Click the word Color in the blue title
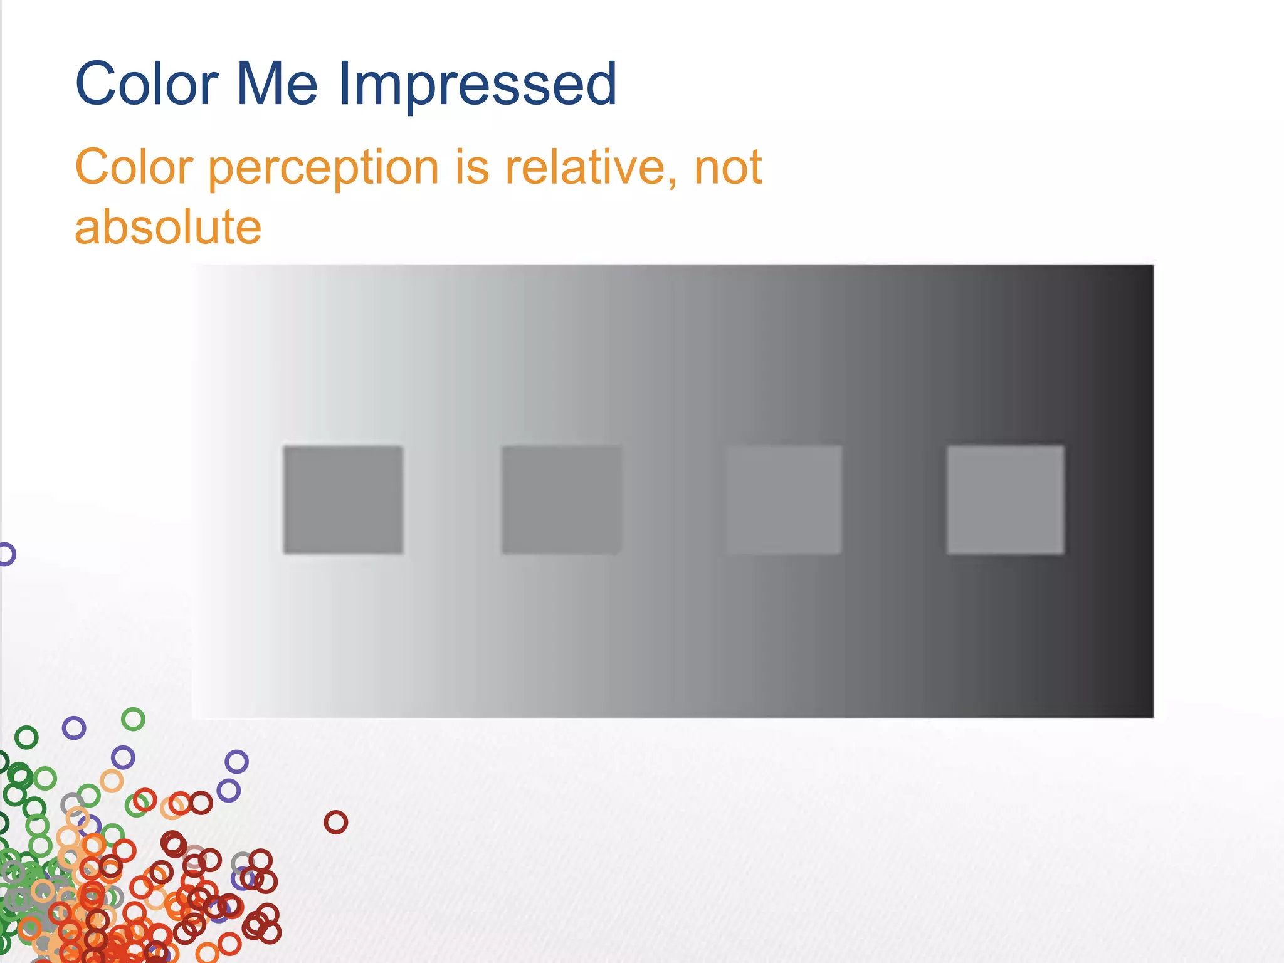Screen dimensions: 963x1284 click(147, 84)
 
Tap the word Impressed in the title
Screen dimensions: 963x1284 click(478, 85)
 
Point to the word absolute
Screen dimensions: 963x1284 click(168, 227)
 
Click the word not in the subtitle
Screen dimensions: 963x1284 click(728, 168)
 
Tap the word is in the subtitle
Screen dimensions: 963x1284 click(472, 168)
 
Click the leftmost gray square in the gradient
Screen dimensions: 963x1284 click(343, 500)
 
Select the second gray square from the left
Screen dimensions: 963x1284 click(561, 500)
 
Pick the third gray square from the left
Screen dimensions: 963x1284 click(784, 500)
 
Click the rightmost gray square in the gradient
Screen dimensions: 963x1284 click(1005, 500)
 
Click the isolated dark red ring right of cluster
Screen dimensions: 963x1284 click(335, 822)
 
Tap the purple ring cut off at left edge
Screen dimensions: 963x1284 click(6, 554)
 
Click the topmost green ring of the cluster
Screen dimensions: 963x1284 click(133, 719)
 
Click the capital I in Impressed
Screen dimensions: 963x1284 click(344, 84)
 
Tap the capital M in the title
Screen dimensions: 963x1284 click(257, 84)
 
